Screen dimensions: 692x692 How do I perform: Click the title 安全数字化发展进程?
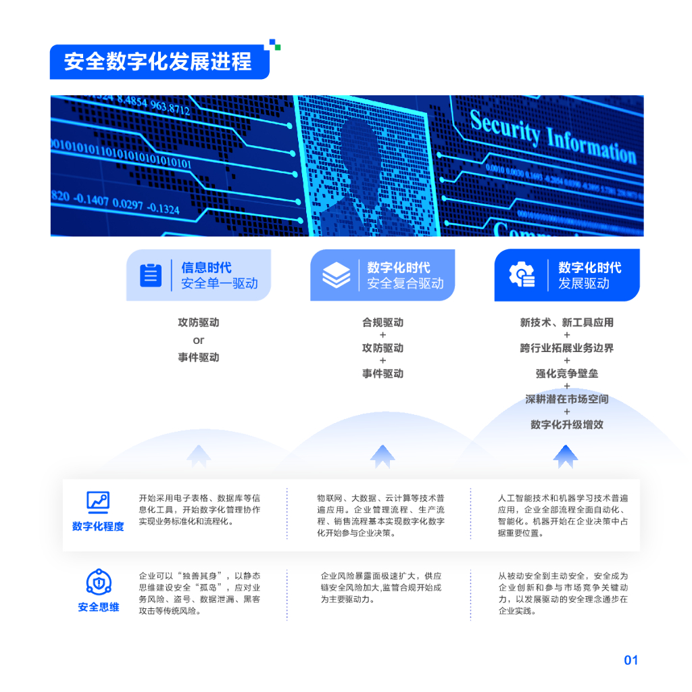pos(157,61)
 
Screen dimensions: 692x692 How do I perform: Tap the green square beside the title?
pos(277,47)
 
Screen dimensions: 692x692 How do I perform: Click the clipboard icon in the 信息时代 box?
pos(151,275)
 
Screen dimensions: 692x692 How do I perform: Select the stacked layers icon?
pos(336,275)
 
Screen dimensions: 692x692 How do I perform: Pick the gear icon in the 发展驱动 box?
pos(522,275)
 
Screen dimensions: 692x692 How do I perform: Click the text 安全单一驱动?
pos(219,283)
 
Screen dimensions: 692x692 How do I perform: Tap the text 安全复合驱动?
pos(405,283)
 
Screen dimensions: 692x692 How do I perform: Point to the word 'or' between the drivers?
pos(198,340)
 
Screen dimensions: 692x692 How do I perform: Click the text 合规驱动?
pos(382,323)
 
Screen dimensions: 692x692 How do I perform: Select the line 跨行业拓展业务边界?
pos(566,349)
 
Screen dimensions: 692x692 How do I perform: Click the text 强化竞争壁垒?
pos(566,374)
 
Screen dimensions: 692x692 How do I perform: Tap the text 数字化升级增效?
pos(566,425)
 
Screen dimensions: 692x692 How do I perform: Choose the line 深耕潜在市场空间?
pos(566,399)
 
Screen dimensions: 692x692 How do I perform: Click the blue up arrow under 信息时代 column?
pos(198,456)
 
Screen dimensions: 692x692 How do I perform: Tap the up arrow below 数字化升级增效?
pos(566,456)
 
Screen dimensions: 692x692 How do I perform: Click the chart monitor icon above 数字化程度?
pos(98,501)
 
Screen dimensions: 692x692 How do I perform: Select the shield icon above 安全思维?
pos(98,582)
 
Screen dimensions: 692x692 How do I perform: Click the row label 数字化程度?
pos(98,526)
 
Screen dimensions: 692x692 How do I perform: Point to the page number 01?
pos(631,660)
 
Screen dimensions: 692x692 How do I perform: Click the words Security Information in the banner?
pos(553,139)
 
